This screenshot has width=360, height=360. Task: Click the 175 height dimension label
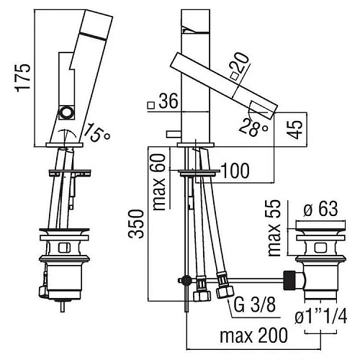(23, 78)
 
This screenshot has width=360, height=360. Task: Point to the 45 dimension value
(295, 129)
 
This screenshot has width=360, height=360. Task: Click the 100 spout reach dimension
(235, 171)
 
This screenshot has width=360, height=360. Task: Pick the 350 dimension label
(136, 224)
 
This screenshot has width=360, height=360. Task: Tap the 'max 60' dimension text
(159, 182)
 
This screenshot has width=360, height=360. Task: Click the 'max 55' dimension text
(274, 228)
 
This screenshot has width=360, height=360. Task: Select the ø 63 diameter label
(320, 209)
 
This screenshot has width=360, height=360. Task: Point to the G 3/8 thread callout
(255, 305)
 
